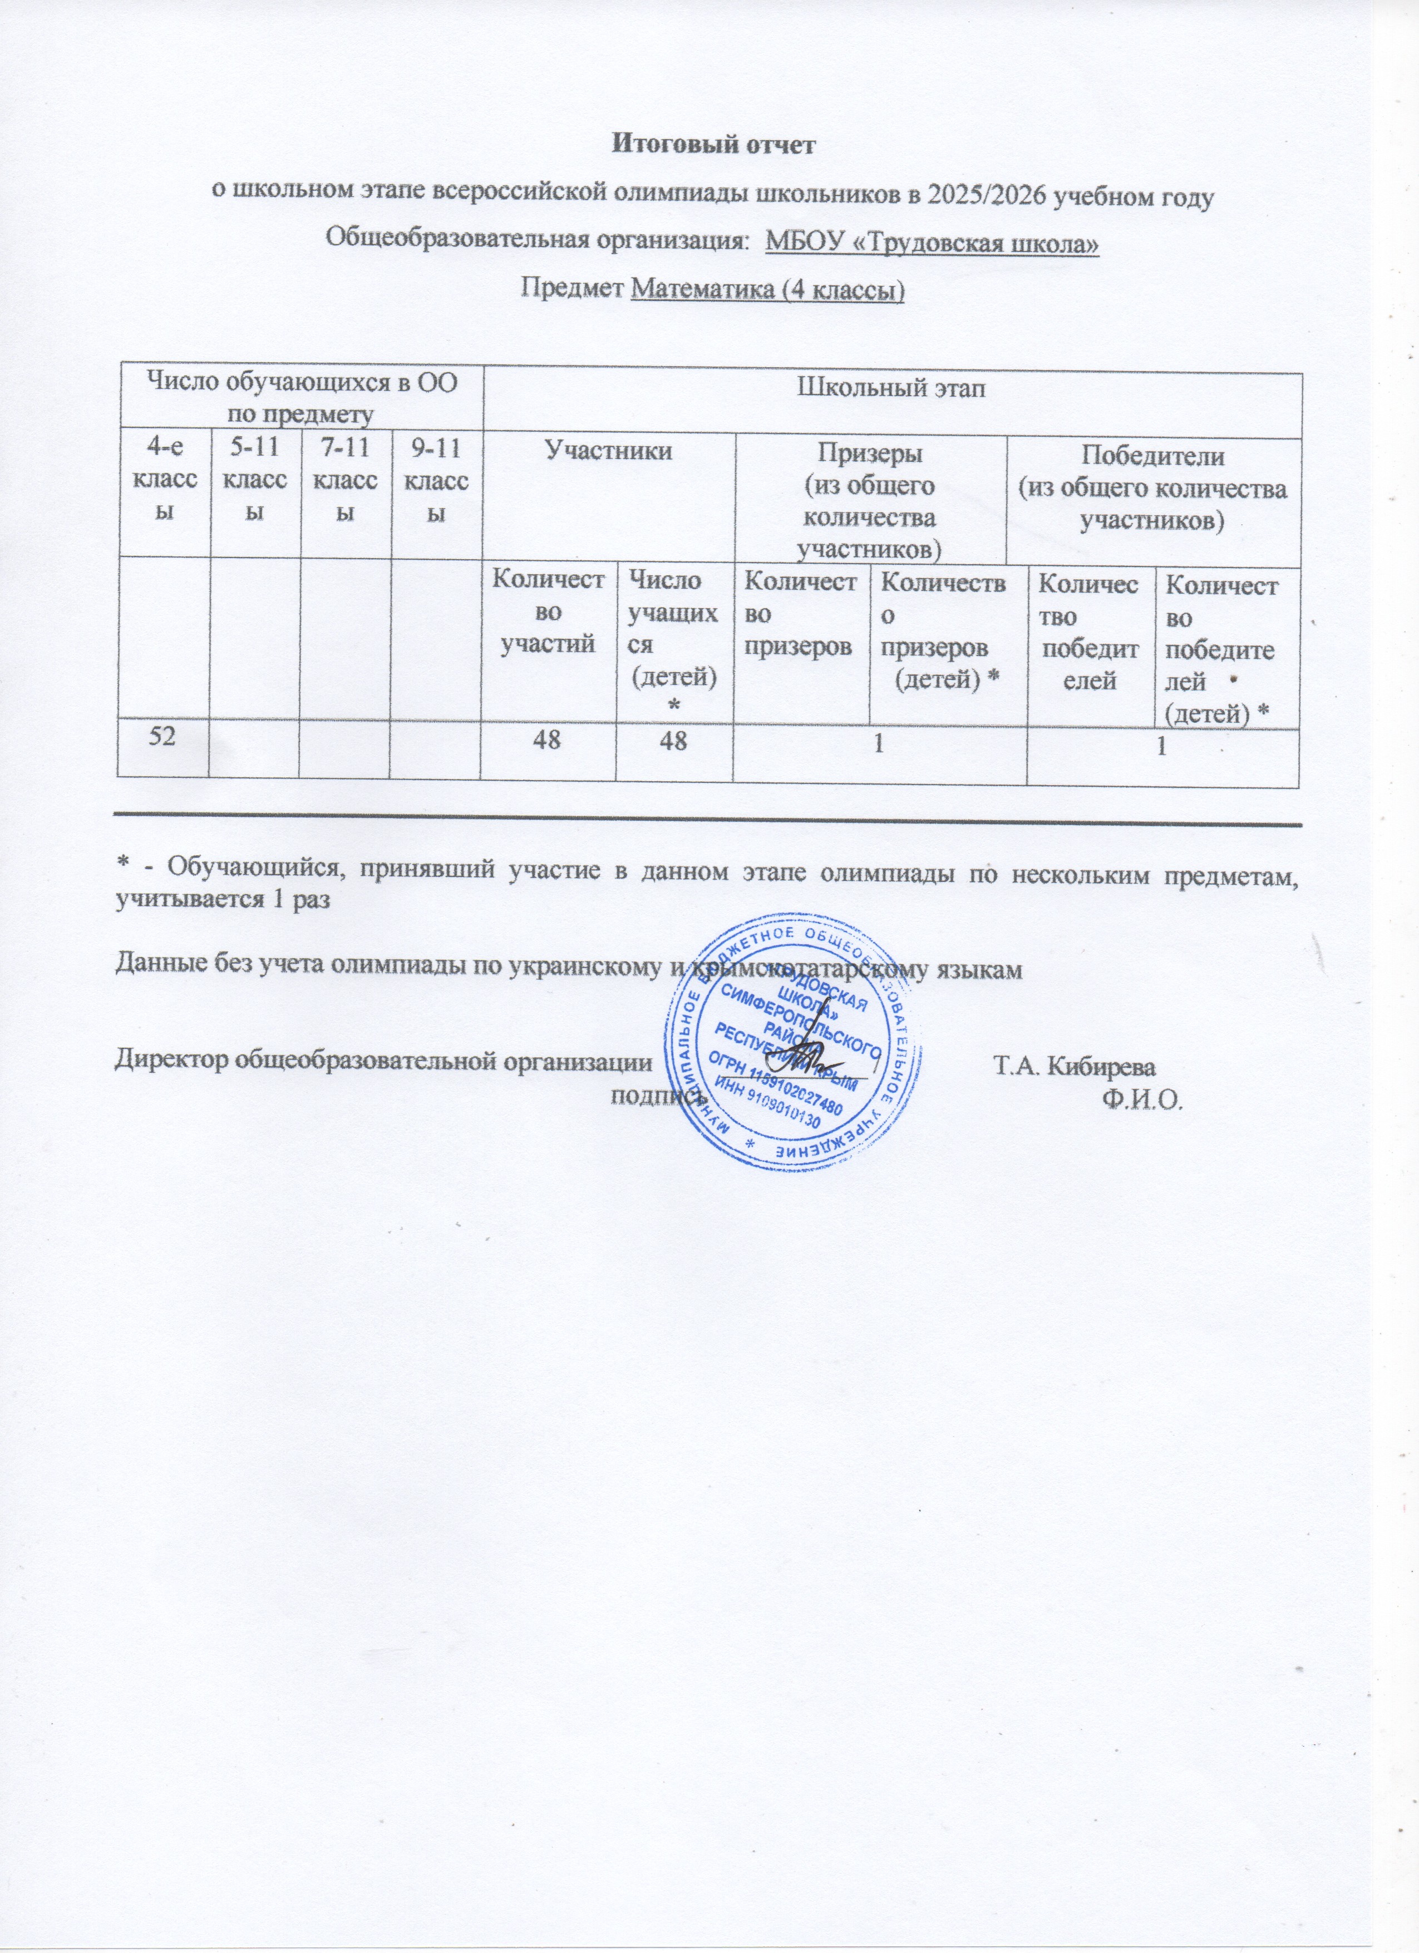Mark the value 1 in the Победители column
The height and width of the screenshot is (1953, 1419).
point(1161,747)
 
